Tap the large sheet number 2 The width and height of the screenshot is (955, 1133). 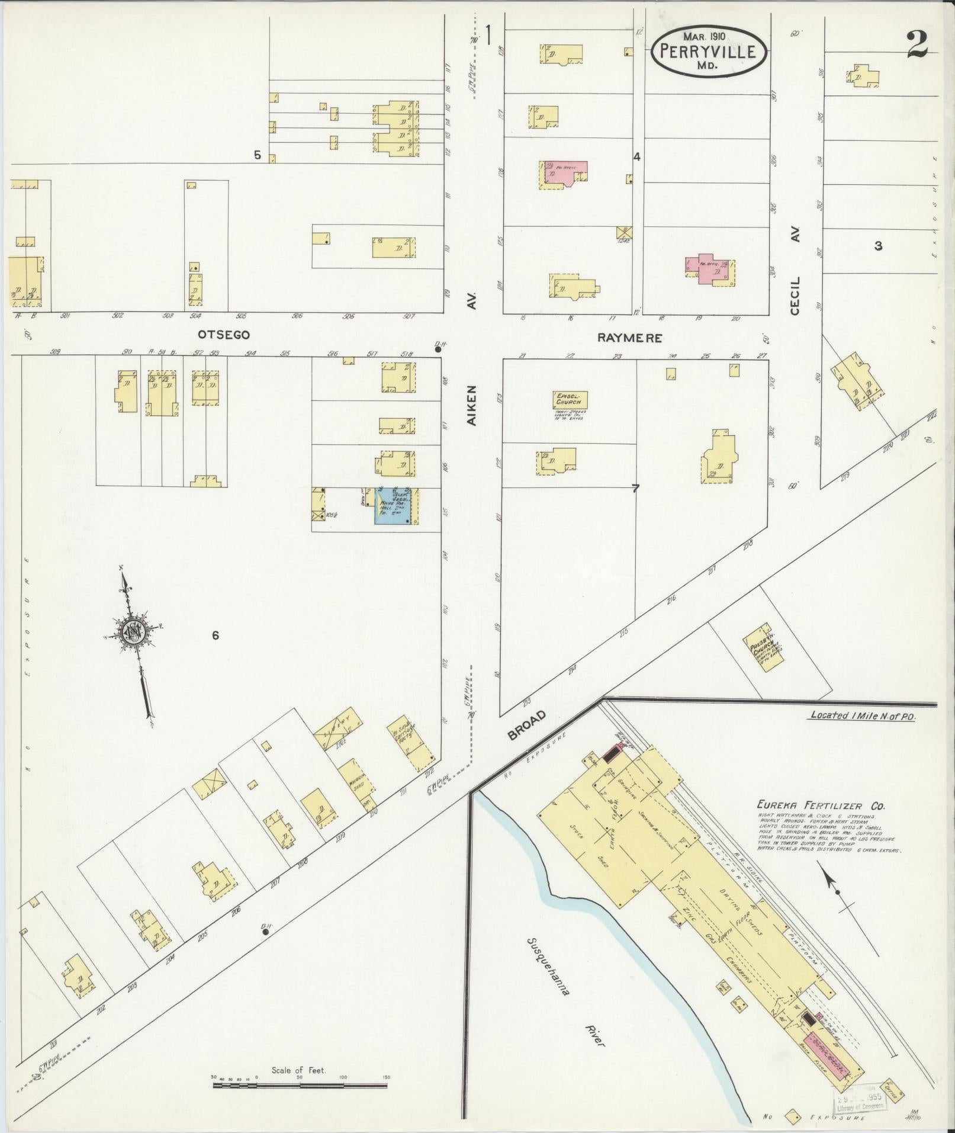coord(916,45)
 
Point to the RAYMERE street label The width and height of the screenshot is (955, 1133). coord(629,339)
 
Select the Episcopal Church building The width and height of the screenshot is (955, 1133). coord(570,400)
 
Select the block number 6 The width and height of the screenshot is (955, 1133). coord(216,635)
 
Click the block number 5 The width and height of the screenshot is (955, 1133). coord(257,155)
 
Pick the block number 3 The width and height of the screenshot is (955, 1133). coord(878,246)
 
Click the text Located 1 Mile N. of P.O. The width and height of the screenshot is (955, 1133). coord(862,716)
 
